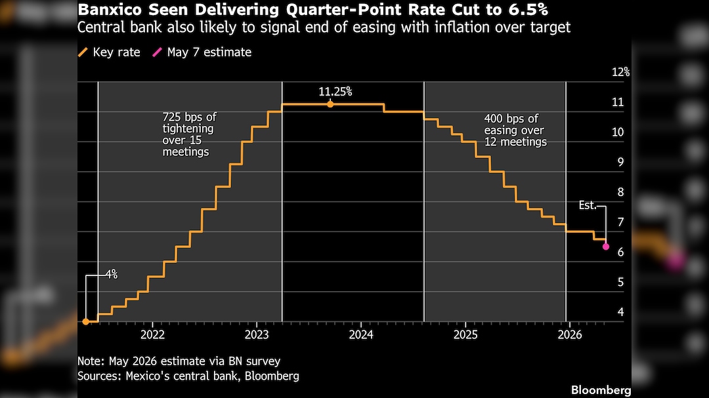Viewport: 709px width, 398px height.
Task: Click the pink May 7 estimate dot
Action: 606,247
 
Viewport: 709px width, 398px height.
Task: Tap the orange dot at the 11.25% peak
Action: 330,104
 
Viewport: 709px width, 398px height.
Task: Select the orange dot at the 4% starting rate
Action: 85,322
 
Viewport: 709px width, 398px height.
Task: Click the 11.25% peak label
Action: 335,92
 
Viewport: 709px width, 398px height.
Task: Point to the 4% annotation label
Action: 111,274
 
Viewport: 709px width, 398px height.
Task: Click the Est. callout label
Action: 588,205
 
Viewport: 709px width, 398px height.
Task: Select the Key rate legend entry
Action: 109,52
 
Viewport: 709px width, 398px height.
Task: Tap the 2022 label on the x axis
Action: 152,335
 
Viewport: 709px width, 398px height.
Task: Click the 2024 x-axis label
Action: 361,335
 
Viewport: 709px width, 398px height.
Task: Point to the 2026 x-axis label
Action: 570,335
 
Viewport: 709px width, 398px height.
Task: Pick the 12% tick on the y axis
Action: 620,72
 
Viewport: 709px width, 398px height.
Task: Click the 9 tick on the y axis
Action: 620,162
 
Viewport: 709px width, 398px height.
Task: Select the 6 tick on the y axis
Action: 620,252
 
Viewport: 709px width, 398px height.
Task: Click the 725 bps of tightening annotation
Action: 189,134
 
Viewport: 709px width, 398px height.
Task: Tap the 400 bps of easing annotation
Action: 515,130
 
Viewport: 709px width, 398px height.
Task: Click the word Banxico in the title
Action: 110,9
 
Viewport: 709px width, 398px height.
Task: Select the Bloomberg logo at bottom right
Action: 601,390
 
